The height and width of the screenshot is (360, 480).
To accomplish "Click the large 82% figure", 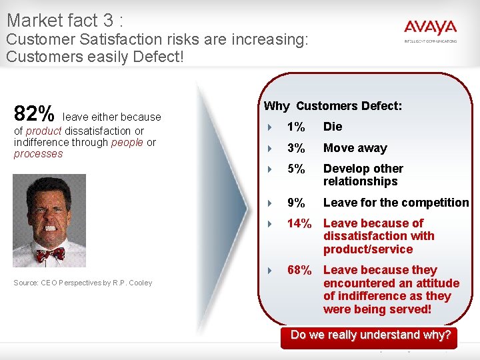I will [34, 113].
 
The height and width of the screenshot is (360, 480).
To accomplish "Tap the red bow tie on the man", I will [51, 254].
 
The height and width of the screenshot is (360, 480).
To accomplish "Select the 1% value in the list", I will [295, 127].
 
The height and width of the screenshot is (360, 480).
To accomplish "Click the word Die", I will [333, 127].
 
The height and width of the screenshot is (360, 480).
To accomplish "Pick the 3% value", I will [295, 148].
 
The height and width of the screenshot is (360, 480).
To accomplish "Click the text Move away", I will [355, 148].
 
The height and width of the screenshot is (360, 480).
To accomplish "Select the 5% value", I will [295, 169].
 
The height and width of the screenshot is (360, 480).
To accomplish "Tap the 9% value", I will [295, 203].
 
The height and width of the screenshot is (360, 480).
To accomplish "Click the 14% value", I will [299, 223].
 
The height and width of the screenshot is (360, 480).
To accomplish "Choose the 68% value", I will [299, 270].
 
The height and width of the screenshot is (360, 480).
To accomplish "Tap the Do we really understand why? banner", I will [371, 335].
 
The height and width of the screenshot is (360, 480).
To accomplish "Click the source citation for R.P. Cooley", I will [83, 283].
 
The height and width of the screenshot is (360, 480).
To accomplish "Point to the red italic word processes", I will [38, 154].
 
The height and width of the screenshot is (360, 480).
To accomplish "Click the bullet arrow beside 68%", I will [269, 271].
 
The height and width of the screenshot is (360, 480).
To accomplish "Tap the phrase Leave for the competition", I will [396, 203].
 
